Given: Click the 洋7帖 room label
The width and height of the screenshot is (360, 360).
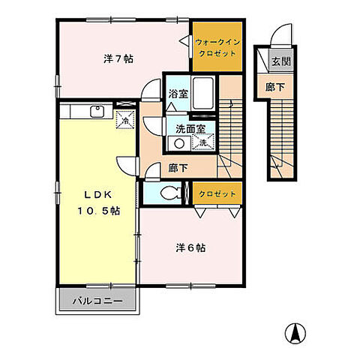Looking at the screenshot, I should pyautogui.click(x=118, y=58).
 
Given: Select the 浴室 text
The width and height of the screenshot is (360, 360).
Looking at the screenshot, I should pyautogui.click(x=177, y=95).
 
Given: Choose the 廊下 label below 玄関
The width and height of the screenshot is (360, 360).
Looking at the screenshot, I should pyautogui.click(x=275, y=88).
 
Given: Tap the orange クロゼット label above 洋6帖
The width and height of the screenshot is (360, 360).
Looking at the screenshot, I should pyautogui.click(x=217, y=193).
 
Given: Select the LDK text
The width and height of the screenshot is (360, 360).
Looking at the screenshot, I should pyautogui.click(x=94, y=193).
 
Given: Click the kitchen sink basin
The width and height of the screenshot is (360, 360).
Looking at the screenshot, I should pyautogui.click(x=96, y=112).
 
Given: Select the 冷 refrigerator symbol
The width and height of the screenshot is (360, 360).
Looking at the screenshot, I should pyautogui.click(x=124, y=120).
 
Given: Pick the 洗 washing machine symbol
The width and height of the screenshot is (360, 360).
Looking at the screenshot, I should pyautogui.click(x=204, y=141).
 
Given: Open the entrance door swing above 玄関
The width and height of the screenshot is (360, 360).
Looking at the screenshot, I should pyautogui.click(x=280, y=35).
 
